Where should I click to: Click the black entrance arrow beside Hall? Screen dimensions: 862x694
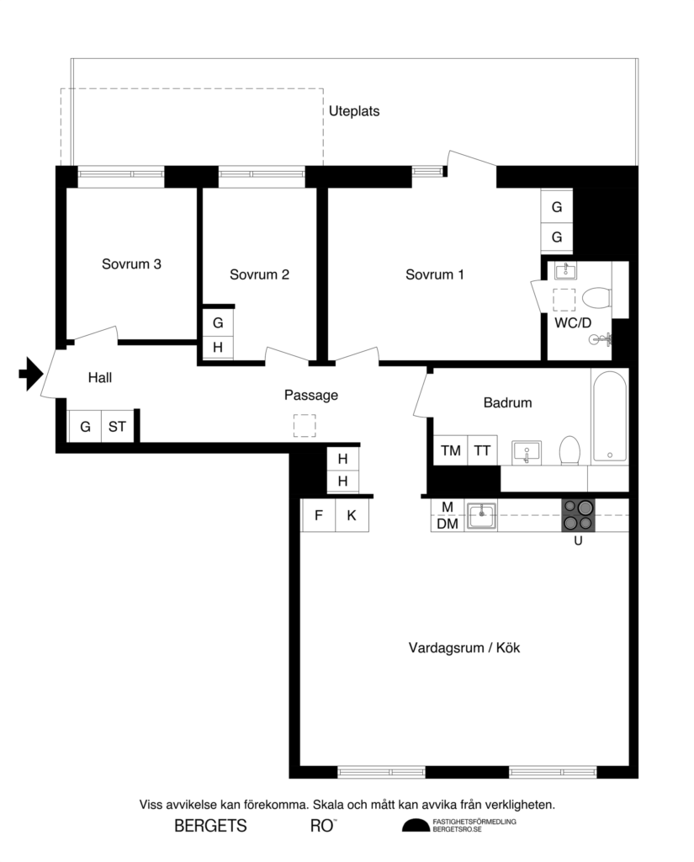(30, 374)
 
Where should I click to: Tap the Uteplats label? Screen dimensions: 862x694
(353, 110)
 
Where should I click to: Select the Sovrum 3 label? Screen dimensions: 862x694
(131, 263)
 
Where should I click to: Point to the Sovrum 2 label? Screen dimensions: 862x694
(259, 274)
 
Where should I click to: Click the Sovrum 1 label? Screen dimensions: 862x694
(434, 274)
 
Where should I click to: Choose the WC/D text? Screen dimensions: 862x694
(572, 322)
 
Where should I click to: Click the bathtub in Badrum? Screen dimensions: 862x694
(609, 416)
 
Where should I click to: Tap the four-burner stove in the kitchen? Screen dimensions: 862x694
(578, 514)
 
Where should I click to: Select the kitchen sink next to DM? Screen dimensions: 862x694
(482, 514)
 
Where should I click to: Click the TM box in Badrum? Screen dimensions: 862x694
(451, 450)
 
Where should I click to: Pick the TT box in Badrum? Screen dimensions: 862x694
(482, 450)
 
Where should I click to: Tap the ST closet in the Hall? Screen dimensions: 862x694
(117, 427)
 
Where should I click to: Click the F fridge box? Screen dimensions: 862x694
(319, 515)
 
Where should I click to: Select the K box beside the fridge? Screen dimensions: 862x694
(352, 515)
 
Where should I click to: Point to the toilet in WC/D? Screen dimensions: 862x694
(596, 297)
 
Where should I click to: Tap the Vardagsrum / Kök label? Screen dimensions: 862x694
(459, 648)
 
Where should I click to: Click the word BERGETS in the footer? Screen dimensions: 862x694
(210, 826)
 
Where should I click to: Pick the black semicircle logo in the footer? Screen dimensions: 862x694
(415, 825)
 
